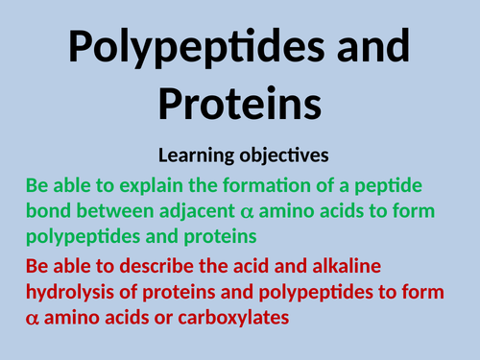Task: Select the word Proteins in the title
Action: tap(239, 103)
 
